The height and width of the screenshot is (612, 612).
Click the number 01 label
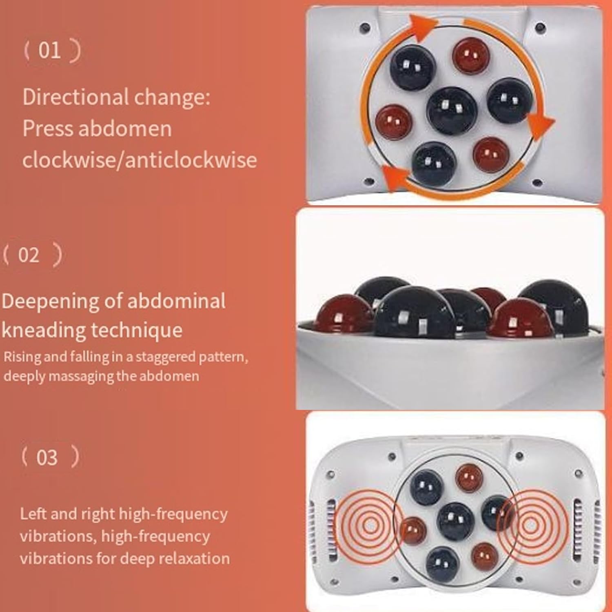point(49,50)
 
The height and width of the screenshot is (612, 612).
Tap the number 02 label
point(29,255)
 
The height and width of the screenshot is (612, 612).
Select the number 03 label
point(47,457)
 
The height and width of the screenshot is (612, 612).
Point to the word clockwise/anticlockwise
point(140,159)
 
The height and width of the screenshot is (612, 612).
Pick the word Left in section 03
point(33,514)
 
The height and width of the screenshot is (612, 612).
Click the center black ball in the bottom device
point(456,521)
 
